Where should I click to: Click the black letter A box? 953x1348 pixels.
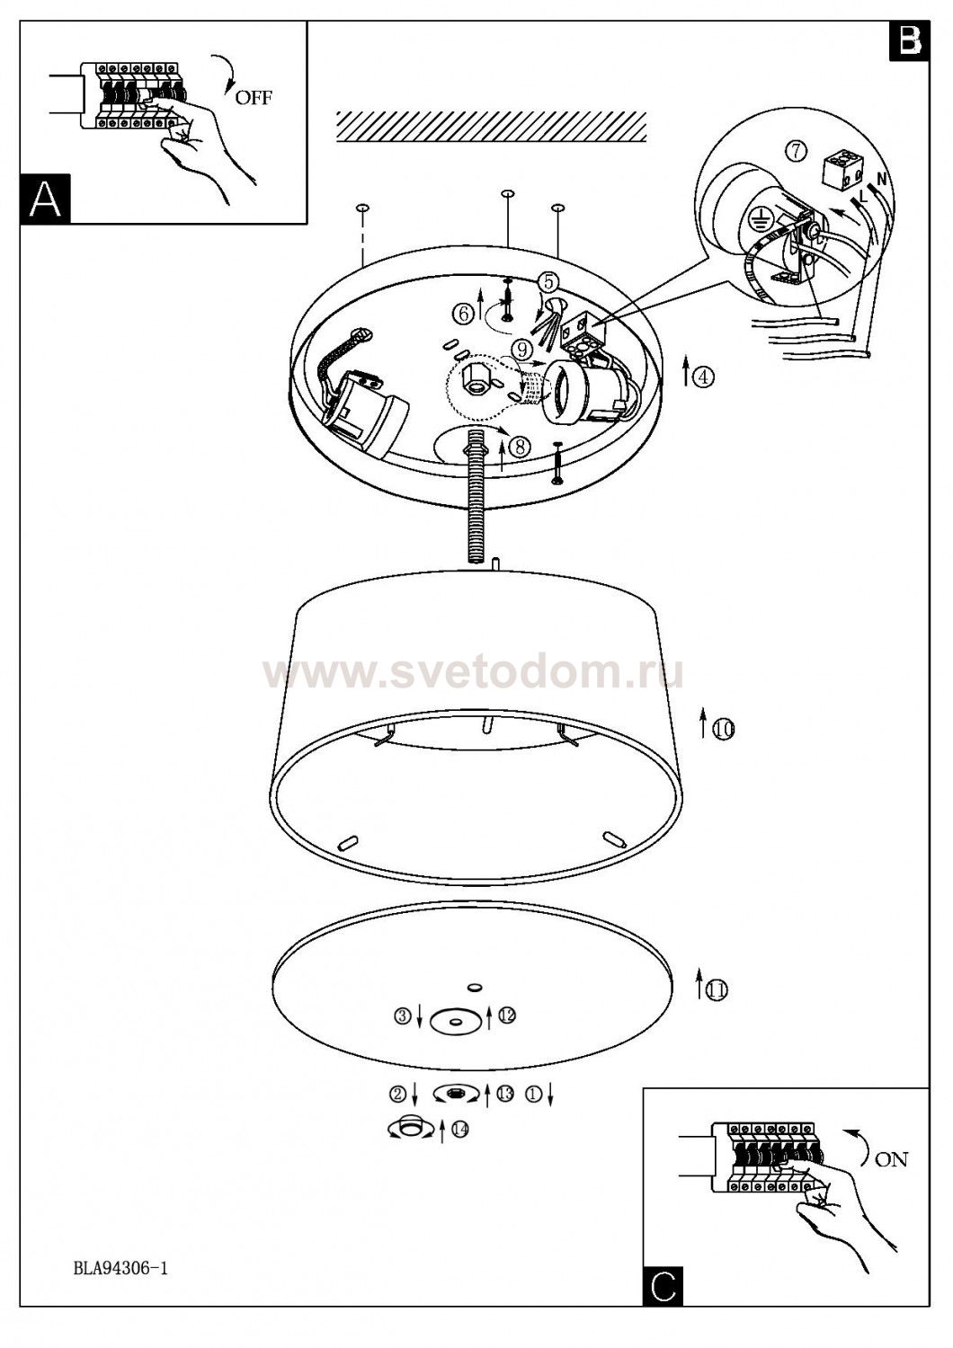[45, 199]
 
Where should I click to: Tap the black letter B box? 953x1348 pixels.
[908, 41]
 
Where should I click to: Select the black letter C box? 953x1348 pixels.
[664, 1286]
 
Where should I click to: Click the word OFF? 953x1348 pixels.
[254, 97]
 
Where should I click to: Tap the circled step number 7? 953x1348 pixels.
[796, 151]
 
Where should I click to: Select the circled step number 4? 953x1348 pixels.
[703, 377]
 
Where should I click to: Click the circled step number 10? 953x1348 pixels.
[724, 730]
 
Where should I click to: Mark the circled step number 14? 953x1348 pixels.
[460, 1131]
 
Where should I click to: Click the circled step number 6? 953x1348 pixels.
[463, 313]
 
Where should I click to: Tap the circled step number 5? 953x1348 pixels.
[548, 281]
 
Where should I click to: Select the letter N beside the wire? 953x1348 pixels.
[881, 180]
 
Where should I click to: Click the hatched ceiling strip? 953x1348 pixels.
[491, 127]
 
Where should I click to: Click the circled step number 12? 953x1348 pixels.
[507, 1016]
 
